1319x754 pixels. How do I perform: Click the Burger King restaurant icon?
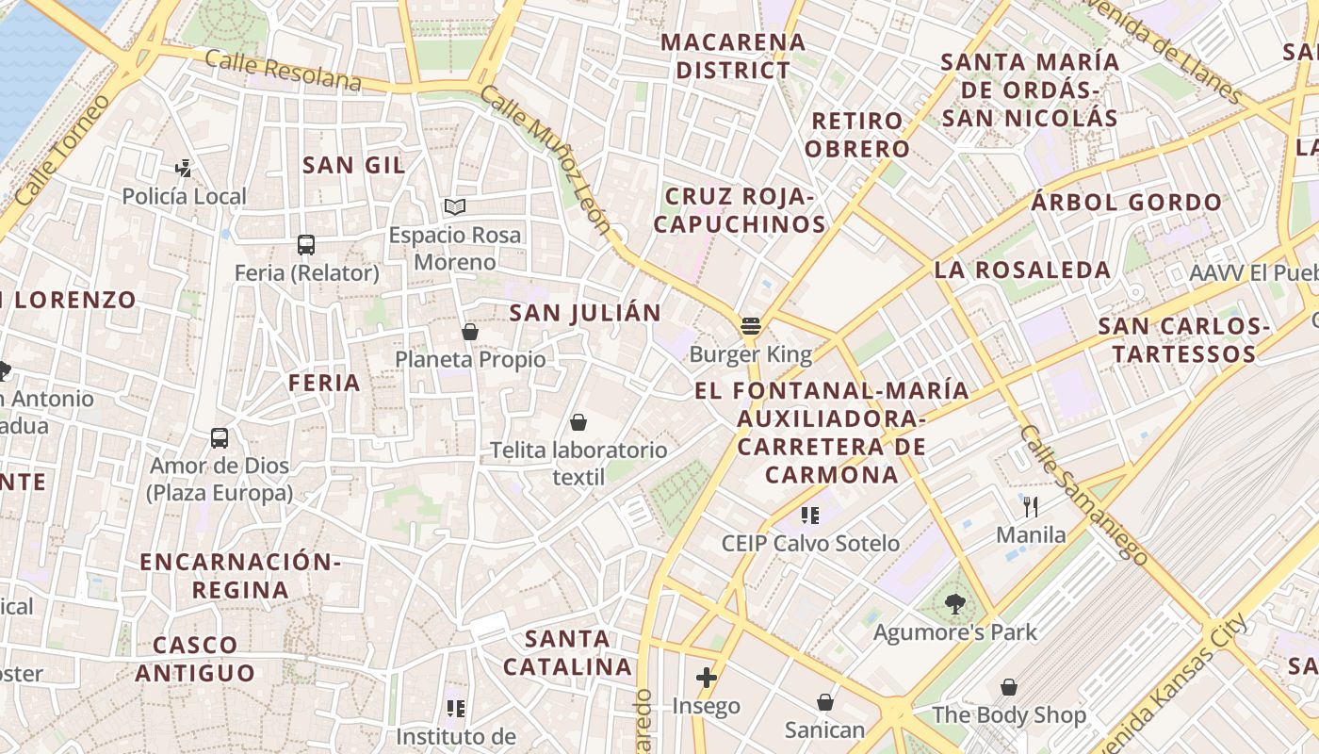[x=751, y=326]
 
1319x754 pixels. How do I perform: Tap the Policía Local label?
[x=185, y=196]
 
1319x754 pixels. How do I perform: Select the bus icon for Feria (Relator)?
[x=306, y=245]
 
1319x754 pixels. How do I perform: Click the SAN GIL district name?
[x=354, y=165]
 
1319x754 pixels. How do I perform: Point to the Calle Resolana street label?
[x=283, y=73]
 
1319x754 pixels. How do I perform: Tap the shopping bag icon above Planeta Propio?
[x=470, y=332]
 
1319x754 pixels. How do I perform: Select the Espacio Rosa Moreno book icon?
[x=455, y=206]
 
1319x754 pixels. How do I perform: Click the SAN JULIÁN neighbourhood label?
[x=585, y=313]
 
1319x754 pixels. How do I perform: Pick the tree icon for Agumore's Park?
[x=955, y=604]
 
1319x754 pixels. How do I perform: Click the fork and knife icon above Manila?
[x=1031, y=507]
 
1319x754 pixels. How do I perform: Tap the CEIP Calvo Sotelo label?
[x=810, y=543]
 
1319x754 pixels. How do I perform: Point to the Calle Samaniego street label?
[x=1083, y=496]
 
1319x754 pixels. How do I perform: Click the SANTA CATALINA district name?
[x=567, y=652]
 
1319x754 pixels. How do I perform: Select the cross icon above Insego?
[x=707, y=678]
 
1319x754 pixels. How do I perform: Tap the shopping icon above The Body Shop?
[x=1009, y=687]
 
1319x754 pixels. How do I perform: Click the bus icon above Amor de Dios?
[x=220, y=438]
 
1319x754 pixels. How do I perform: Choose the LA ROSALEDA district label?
[x=1022, y=270]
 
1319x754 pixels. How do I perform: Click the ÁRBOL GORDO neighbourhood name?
[x=1126, y=202]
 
